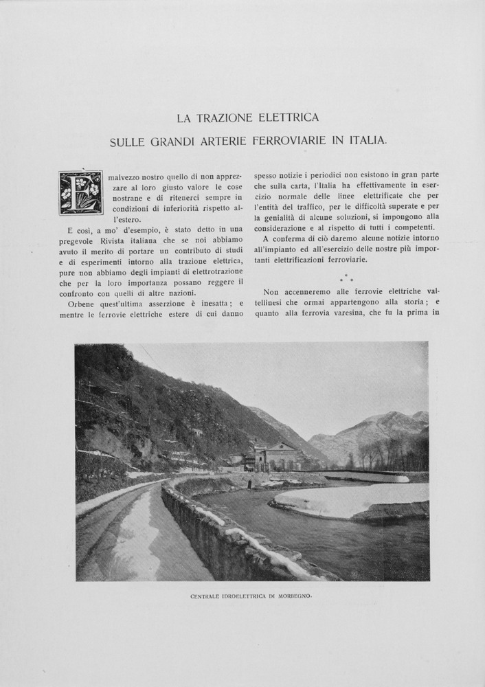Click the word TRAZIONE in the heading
pos(223,118)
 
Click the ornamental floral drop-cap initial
pos(80,192)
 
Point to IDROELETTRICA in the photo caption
pos(240,596)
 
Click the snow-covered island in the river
pos(350,499)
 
